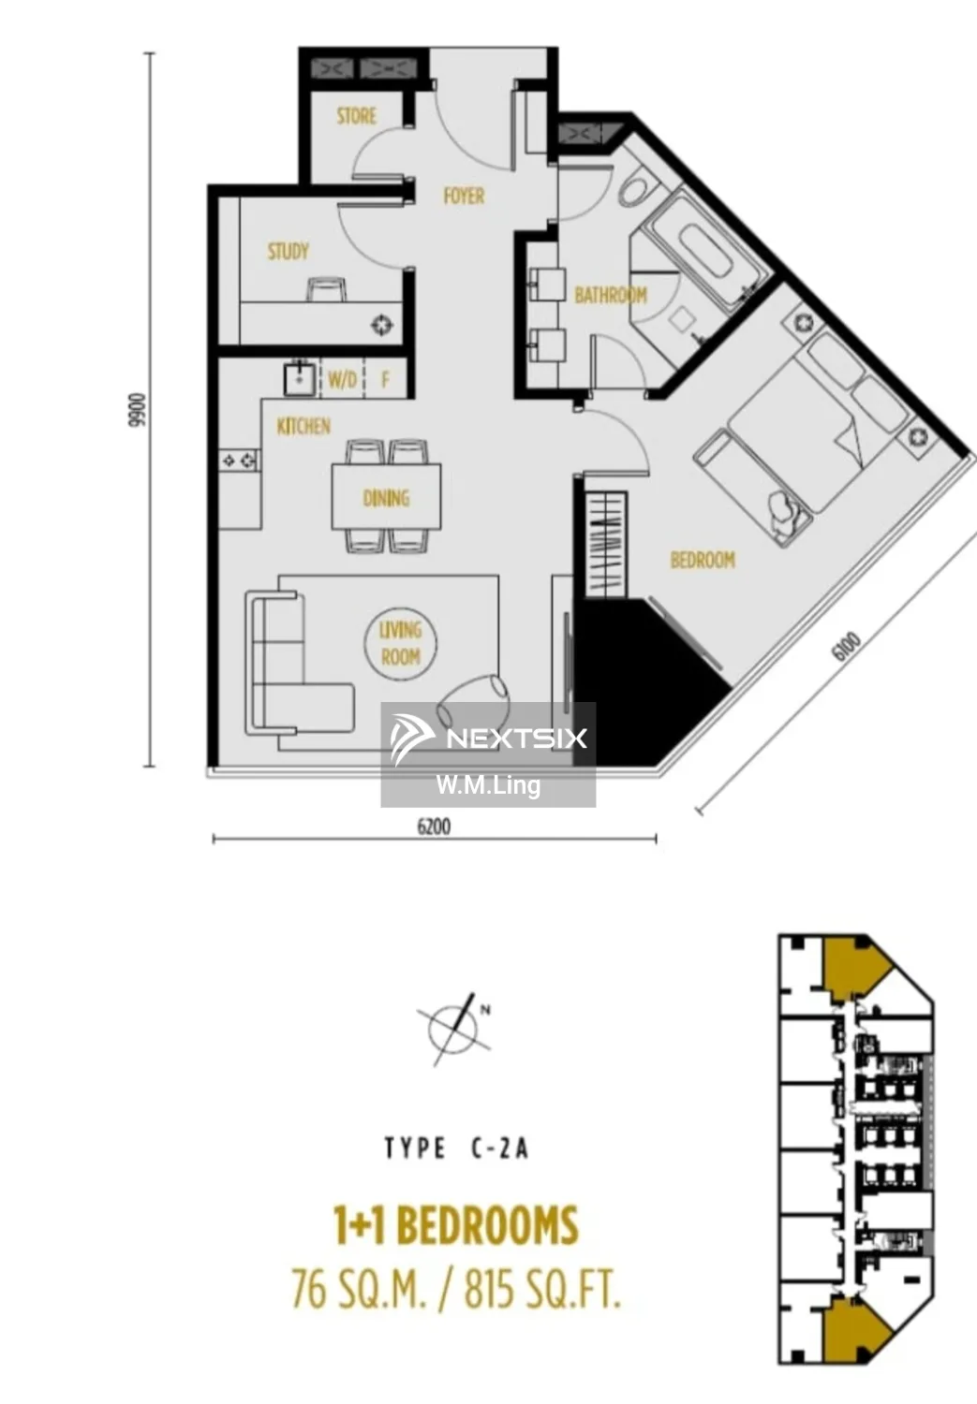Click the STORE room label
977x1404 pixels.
[x=356, y=116]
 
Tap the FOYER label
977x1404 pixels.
[x=464, y=197]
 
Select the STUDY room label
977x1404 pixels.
[x=289, y=252]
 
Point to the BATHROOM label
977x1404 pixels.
[x=611, y=295]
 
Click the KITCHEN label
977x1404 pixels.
[x=303, y=427]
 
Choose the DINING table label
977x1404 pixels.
[x=386, y=498]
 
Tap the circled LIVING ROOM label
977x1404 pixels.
[x=401, y=644]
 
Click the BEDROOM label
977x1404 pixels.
[x=703, y=560]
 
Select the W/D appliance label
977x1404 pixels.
[x=343, y=379]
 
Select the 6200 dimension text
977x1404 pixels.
[x=434, y=826]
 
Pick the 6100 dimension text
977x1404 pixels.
[x=846, y=646]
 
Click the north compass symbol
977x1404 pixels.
[x=455, y=1029]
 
